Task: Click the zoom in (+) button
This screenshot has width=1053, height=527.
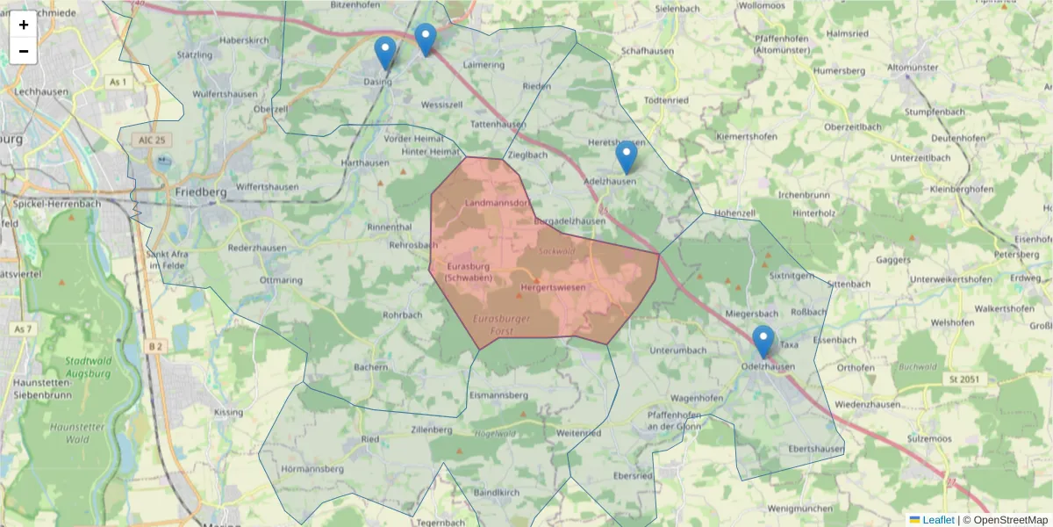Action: pos(24,25)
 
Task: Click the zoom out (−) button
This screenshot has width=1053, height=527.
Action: pos(24,51)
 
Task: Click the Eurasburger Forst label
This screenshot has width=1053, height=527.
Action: pos(501,324)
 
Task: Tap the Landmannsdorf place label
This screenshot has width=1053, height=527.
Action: pos(498,203)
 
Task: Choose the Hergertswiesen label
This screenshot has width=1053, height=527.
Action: pos(553,287)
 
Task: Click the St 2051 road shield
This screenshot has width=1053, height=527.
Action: pos(962,379)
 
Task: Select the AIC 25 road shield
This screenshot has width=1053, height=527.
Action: pos(152,141)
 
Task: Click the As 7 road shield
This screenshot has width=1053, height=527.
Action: pos(24,328)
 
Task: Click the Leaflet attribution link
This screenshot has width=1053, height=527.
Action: pos(937,520)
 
